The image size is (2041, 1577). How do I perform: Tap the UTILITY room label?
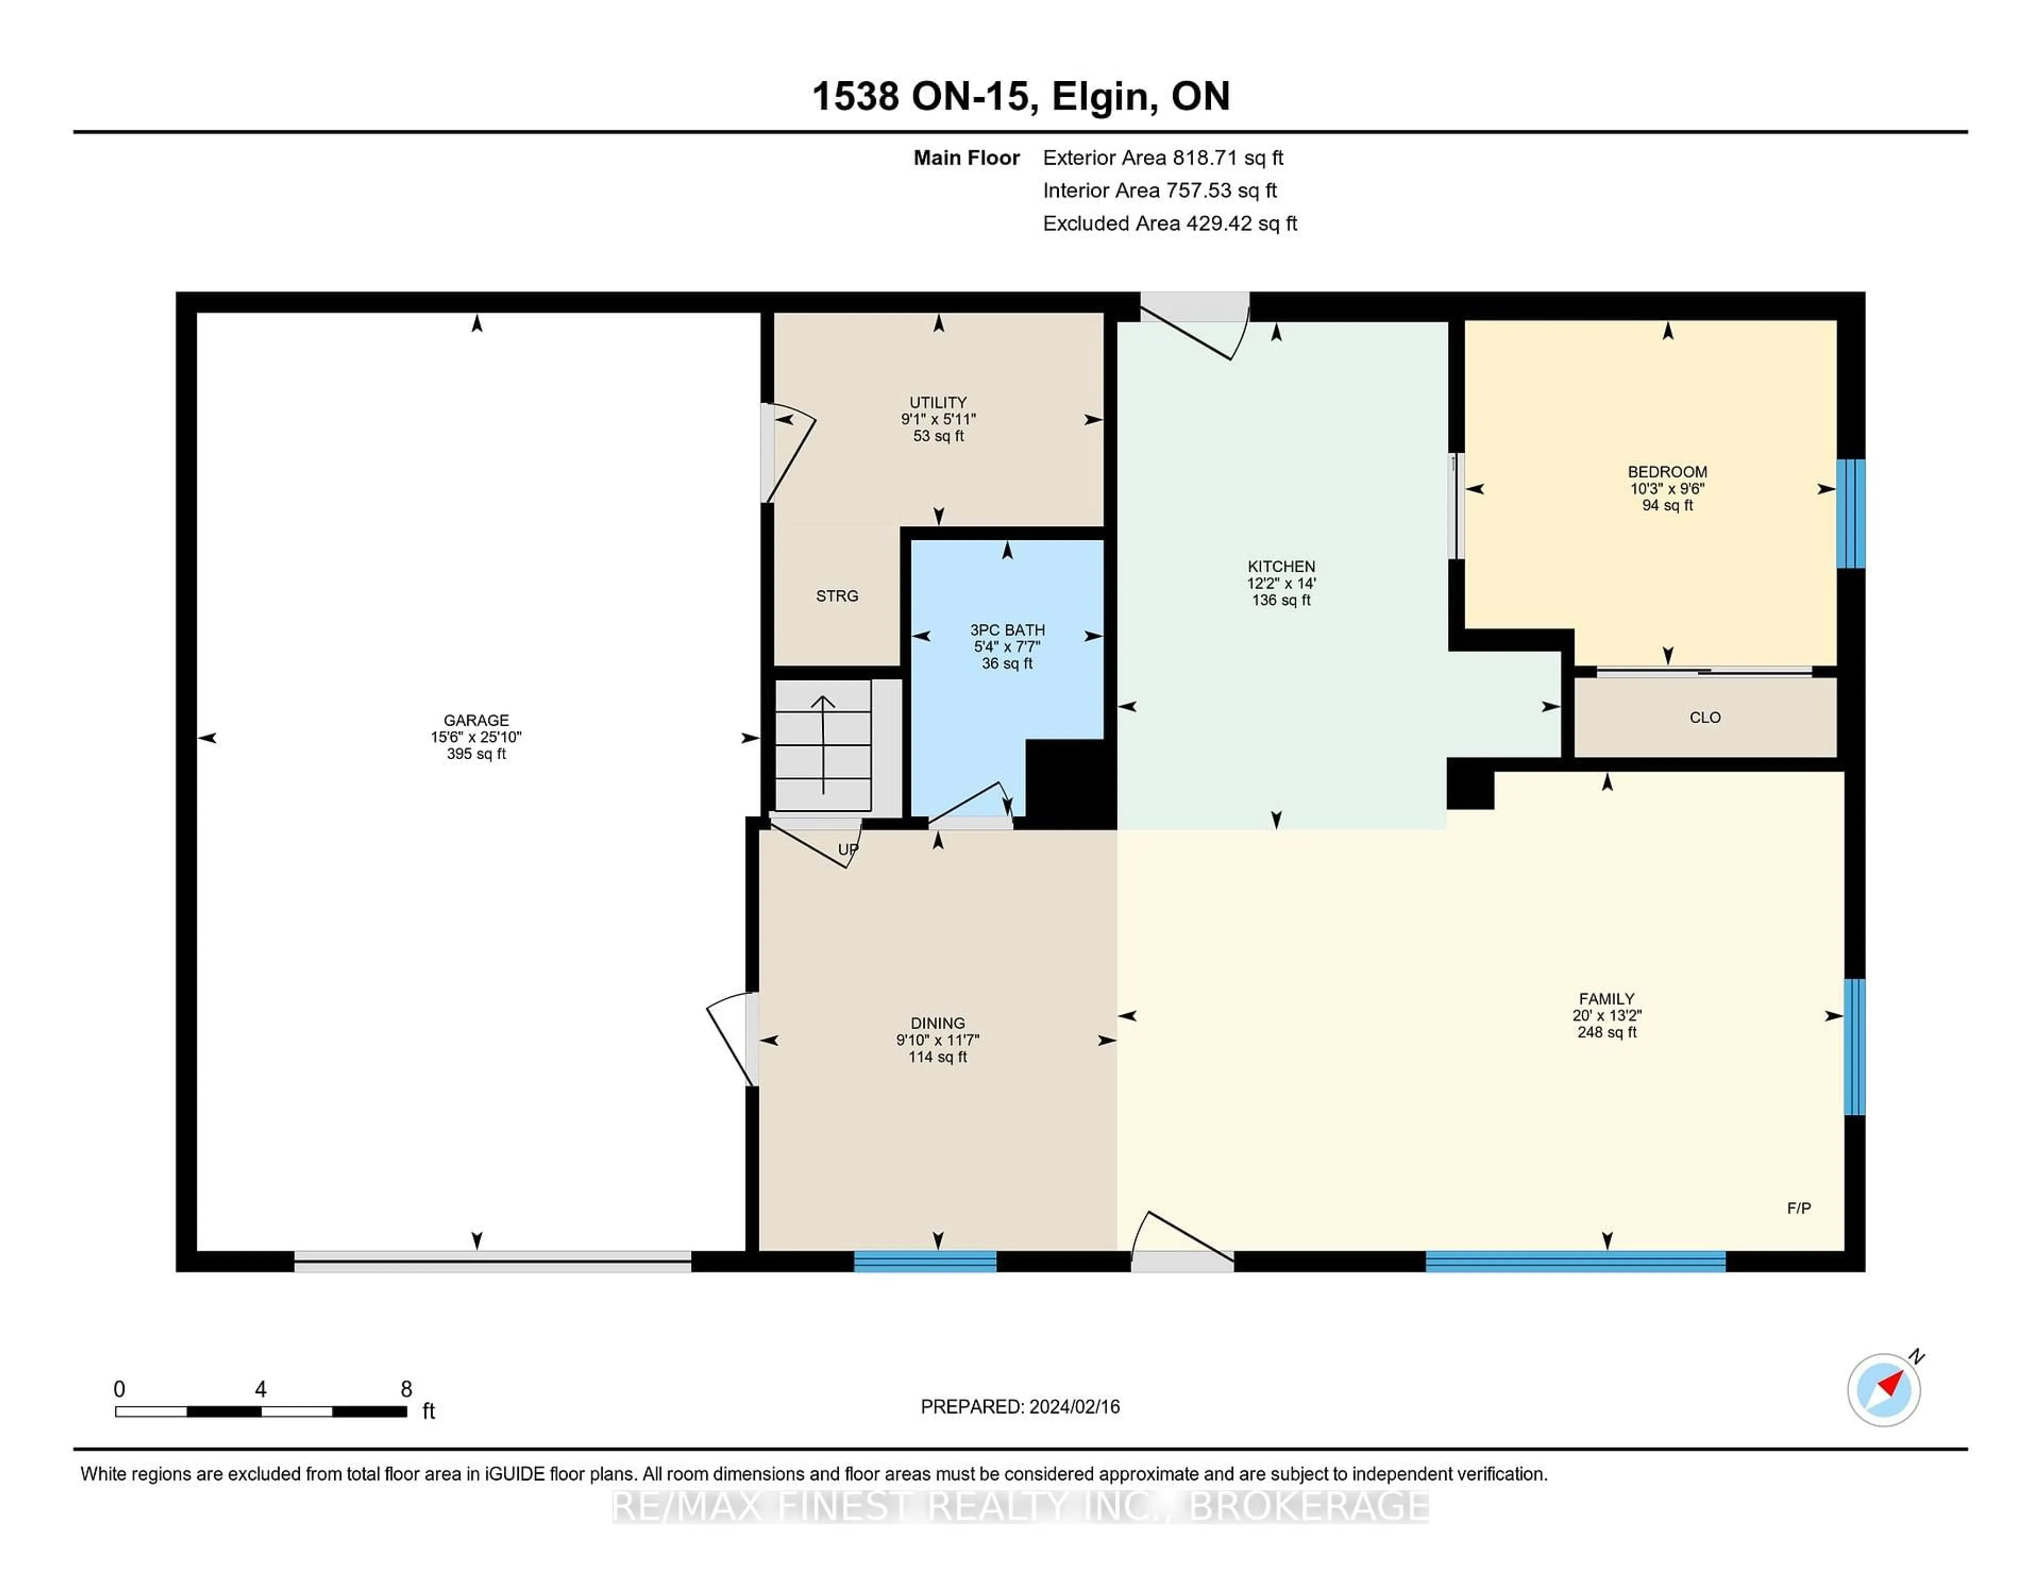tap(938, 403)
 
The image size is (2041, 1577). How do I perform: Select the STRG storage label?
tap(837, 596)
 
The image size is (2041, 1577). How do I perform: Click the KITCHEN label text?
tap(1281, 566)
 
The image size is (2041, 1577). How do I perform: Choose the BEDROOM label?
tap(1667, 472)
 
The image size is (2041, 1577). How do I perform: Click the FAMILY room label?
tap(1606, 999)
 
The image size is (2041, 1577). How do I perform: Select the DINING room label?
tap(938, 1023)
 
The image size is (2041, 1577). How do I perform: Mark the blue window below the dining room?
tap(925, 1261)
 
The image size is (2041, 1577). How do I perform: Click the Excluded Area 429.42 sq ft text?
tap(1170, 223)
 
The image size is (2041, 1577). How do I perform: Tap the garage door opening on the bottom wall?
tap(493, 1261)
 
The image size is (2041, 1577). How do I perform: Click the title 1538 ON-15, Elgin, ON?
tap(1020, 96)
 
